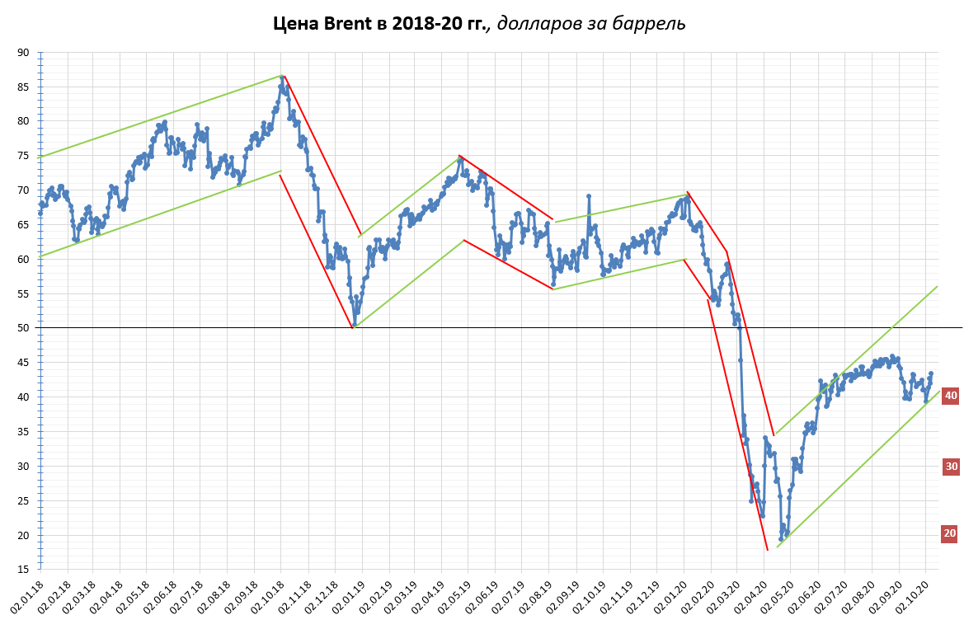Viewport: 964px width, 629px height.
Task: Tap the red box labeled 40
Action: (x=951, y=396)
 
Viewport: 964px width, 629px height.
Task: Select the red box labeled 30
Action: (x=951, y=467)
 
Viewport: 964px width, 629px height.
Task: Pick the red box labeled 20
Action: (x=951, y=533)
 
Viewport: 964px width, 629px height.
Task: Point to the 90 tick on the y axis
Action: (x=23, y=52)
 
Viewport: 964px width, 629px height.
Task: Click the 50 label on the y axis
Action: (x=23, y=328)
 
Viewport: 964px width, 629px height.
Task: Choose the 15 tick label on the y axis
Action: (x=23, y=570)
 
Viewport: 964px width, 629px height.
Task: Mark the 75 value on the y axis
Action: (x=23, y=156)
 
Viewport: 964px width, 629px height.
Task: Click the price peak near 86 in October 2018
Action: (x=282, y=78)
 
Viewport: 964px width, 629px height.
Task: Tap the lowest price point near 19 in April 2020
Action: (x=780, y=539)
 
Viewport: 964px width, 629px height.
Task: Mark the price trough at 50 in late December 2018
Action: (x=355, y=325)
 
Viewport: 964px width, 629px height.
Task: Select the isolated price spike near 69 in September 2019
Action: (x=589, y=196)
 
